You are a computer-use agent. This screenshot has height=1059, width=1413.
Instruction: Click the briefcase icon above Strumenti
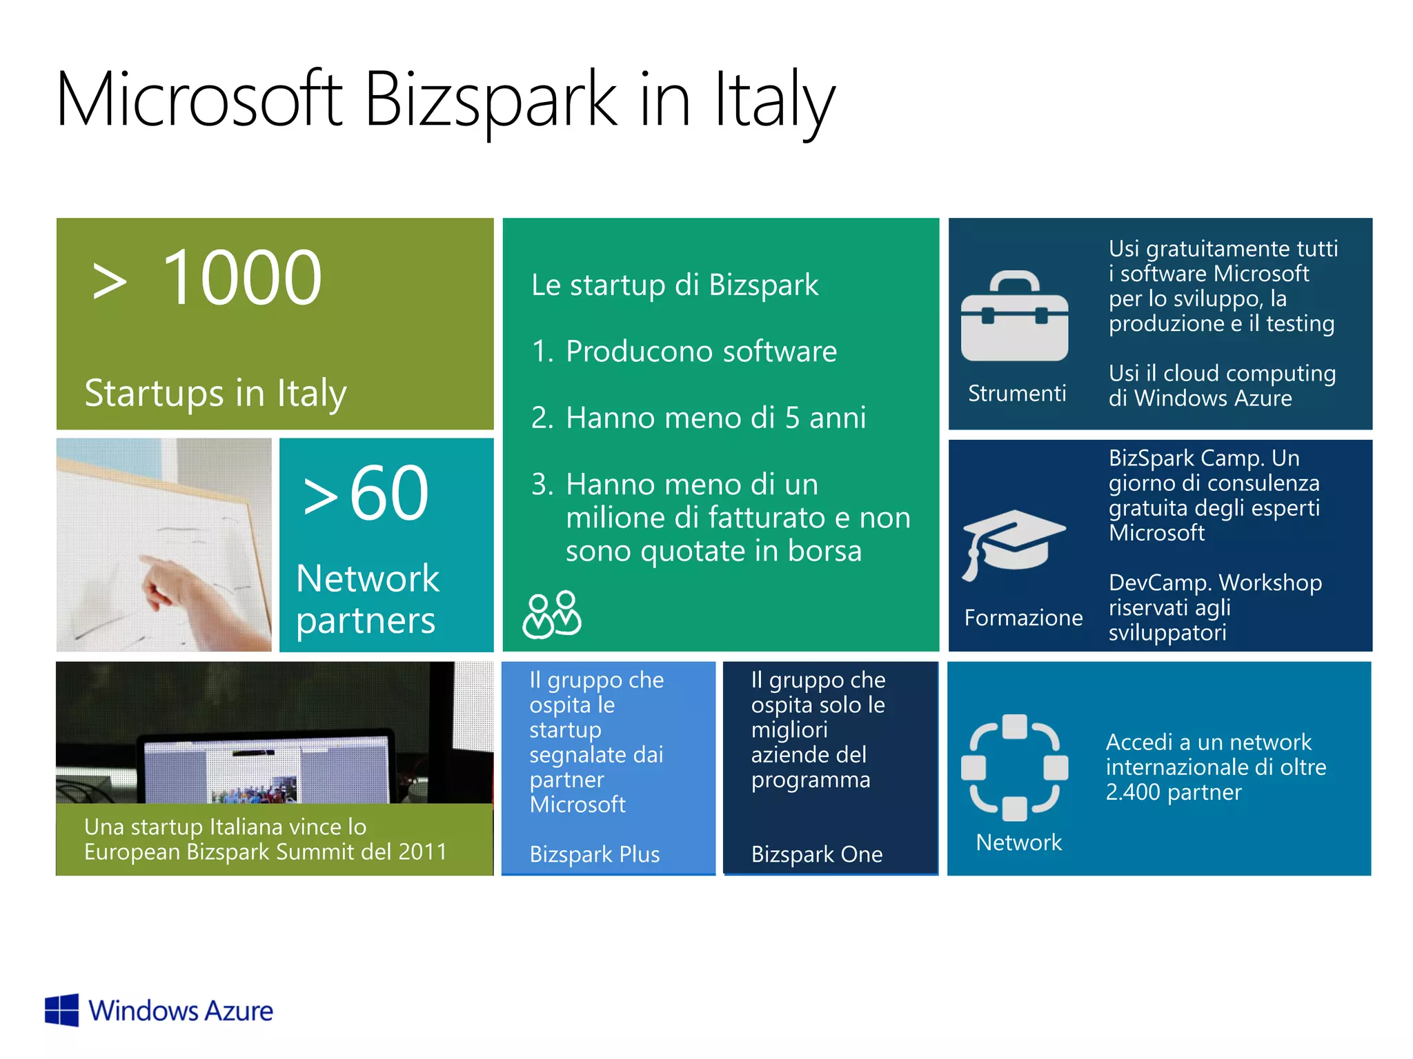pyautogui.click(x=1014, y=317)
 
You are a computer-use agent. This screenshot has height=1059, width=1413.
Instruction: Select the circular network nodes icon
pyautogui.click(x=1014, y=767)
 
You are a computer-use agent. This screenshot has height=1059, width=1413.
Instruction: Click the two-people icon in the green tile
pyautogui.click(x=552, y=614)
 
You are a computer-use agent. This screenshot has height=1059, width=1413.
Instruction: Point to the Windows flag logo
pyautogui.click(x=62, y=1010)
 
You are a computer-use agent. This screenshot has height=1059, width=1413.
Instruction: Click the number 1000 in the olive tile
pyautogui.click(x=241, y=278)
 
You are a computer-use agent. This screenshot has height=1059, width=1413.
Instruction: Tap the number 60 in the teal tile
pyautogui.click(x=389, y=493)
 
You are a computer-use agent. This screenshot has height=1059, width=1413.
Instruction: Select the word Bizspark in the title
pyautogui.click(x=490, y=100)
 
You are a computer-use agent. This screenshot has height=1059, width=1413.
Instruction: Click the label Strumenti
pyautogui.click(x=1017, y=393)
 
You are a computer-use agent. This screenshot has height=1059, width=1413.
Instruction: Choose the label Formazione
pyautogui.click(x=1023, y=617)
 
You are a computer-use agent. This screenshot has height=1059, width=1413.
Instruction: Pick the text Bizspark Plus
pyautogui.click(x=595, y=854)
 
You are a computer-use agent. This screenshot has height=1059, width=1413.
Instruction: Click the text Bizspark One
pyautogui.click(x=817, y=854)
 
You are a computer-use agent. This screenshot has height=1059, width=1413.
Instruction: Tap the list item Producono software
pyautogui.click(x=701, y=352)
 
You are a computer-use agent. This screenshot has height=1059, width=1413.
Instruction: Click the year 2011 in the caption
pyautogui.click(x=423, y=852)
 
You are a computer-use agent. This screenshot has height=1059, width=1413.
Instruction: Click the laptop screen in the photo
pyautogui.click(x=262, y=772)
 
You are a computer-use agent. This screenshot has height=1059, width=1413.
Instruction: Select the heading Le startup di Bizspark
pyautogui.click(x=675, y=285)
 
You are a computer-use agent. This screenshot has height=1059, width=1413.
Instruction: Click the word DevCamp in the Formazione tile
pyautogui.click(x=1149, y=583)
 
